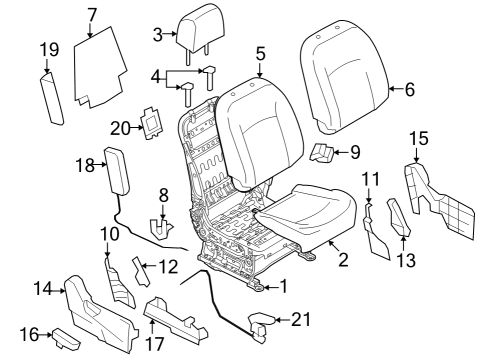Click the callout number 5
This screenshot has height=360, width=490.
click(260, 54)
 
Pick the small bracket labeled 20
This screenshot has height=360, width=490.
click(154, 122)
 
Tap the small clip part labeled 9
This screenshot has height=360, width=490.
click(323, 151)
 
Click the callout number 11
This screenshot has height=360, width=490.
click(371, 180)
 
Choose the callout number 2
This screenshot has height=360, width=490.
click(342, 260)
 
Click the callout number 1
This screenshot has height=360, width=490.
click(281, 286)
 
